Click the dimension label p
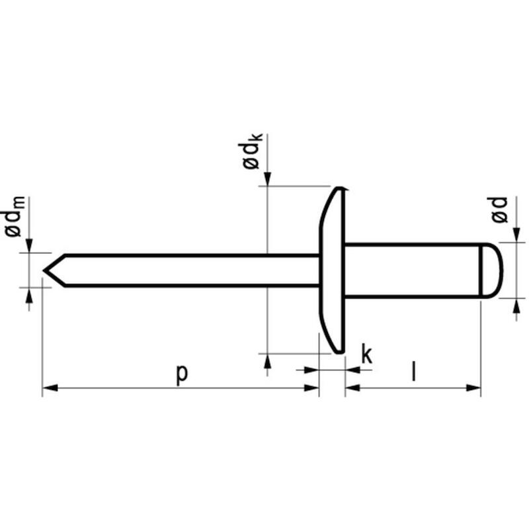click(x=181, y=375)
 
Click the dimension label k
click(x=367, y=354)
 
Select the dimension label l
click(x=414, y=372)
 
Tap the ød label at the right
click(x=499, y=210)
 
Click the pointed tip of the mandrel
click(x=44, y=270)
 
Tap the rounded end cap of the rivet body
click(x=491, y=270)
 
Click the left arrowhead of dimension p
click(x=50, y=388)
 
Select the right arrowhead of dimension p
click(x=311, y=388)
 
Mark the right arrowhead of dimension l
click(x=473, y=388)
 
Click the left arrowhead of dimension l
click(x=352, y=388)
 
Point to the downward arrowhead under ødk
click(x=268, y=179)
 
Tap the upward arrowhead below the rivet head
click(x=268, y=361)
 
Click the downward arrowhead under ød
click(x=516, y=235)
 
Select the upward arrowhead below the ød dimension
click(x=516, y=305)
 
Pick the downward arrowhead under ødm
click(x=29, y=245)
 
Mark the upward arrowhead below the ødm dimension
click(x=29, y=295)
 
